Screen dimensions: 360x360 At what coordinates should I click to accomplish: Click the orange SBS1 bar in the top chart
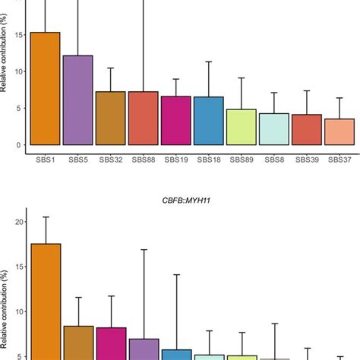pyautogui.click(x=45, y=89)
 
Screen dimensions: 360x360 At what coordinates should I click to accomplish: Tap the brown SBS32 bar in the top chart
pyautogui.click(x=110, y=118)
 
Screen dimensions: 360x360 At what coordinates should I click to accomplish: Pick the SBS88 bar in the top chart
pyautogui.click(x=143, y=118)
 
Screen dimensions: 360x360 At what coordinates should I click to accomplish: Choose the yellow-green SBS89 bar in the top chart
pyautogui.click(x=241, y=127)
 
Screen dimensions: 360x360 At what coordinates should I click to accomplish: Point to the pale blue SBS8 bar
pyautogui.click(x=273, y=129)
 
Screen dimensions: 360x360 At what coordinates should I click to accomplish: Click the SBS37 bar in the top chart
pyautogui.click(x=339, y=131)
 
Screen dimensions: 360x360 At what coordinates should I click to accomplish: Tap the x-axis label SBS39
pyautogui.click(x=306, y=160)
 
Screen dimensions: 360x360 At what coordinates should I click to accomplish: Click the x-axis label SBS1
pyautogui.click(x=45, y=160)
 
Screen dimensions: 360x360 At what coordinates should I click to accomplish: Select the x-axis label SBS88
pyautogui.click(x=143, y=160)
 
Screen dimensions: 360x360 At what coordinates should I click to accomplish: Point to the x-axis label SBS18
pyautogui.click(x=208, y=160)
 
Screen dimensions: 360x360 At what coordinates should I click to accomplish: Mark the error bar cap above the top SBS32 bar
pyautogui.click(x=110, y=68)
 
